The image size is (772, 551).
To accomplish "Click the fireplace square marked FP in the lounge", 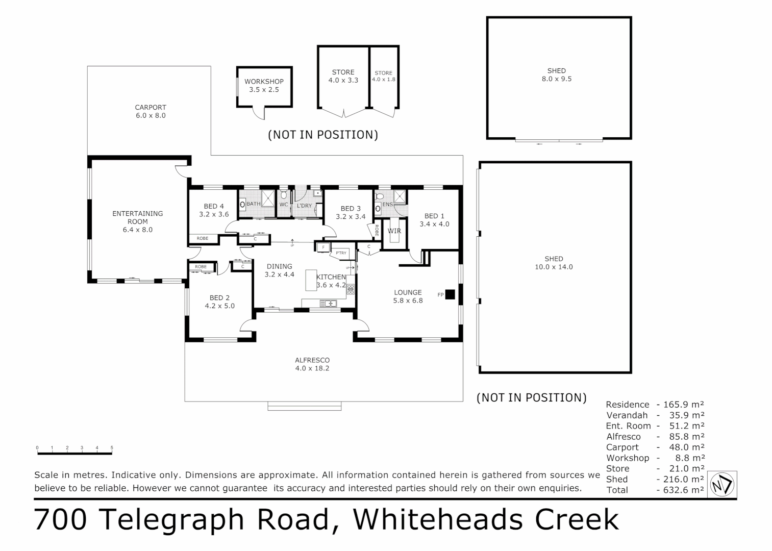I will pyautogui.click(x=450, y=294).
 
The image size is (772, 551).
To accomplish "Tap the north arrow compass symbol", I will pyautogui.click(x=722, y=484).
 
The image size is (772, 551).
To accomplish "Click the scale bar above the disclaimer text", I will pyautogui.click(x=74, y=453).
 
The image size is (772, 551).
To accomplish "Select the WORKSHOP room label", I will pyautogui.click(x=264, y=82).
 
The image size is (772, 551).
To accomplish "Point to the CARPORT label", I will pyautogui.click(x=151, y=108).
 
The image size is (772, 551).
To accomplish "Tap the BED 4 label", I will pyautogui.click(x=214, y=207).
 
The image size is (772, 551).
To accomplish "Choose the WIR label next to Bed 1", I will pyautogui.click(x=394, y=231).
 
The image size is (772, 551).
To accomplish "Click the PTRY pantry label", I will pyautogui.click(x=340, y=253).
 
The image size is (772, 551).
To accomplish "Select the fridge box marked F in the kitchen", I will pyautogui.click(x=322, y=248).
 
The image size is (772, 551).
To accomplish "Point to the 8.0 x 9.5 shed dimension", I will pyautogui.click(x=557, y=79).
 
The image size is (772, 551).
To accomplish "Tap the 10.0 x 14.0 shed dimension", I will pyautogui.click(x=554, y=267).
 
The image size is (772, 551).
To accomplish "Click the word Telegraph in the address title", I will pyautogui.click(x=213, y=519).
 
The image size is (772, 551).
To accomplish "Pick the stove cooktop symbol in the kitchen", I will pyautogui.click(x=351, y=289).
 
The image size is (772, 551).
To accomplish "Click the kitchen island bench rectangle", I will pyautogui.click(x=311, y=280).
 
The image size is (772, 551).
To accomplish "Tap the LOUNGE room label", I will pyautogui.click(x=408, y=293).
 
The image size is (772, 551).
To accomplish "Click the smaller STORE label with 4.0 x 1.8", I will pyautogui.click(x=384, y=73).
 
